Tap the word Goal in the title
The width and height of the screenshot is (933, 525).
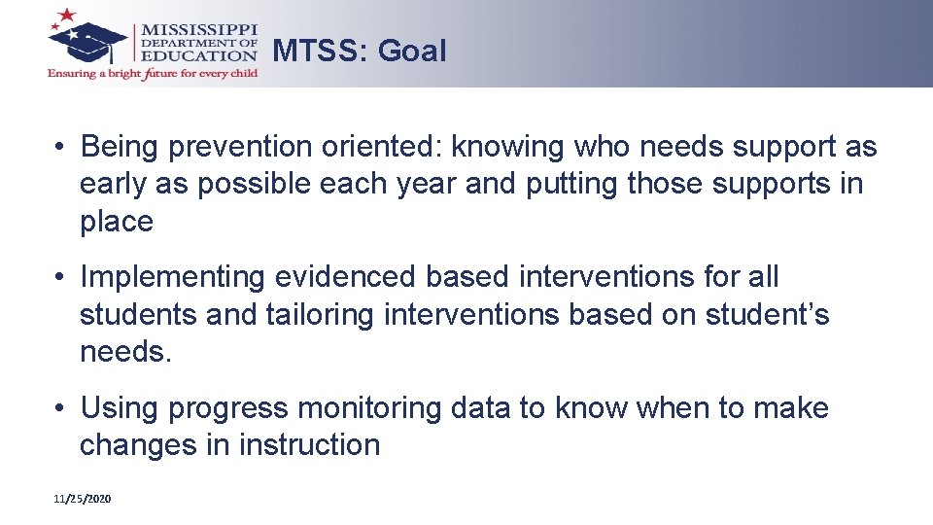[x=412, y=51]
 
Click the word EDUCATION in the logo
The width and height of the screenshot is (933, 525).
[x=200, y=55]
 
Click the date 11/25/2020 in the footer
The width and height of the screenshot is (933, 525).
[x=83, y=499]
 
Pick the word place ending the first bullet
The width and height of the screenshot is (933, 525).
[x=116, y=223]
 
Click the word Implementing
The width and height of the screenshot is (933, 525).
[x=172, y=277]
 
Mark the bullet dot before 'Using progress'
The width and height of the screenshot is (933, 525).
[x=60, y=408]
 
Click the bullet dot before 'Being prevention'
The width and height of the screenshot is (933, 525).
[x=60, y=148]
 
